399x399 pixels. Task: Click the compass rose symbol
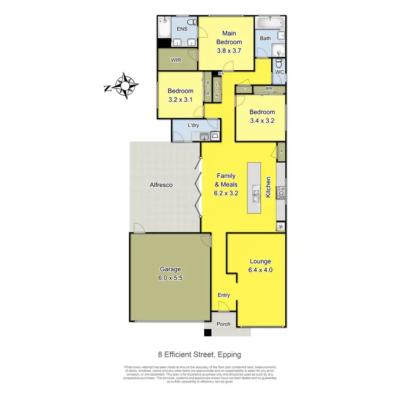pyautogui.click(x=126, y=85)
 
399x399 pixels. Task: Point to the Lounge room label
pyautogui.click(x=261, y=262)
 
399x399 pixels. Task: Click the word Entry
pyautogui.click(x=224, y=295)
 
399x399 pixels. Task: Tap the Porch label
pyautogui.click(x=224, y=324)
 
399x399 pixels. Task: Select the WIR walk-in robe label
pyautogui.click(x=177, y=61)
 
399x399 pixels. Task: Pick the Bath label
pyautogui.click(x=265, y=38)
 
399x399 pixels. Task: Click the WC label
pyautogui.click(x=279, y=72)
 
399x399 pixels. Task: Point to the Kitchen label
pyautogui.click(x=269, y=188)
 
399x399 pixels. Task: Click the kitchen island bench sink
pyautogui.click(x=256, y=194)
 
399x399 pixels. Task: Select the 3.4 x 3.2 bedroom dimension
pyautogui.click(x=262, y=120)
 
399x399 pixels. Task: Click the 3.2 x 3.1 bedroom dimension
pyautogui.click(x=180, y=99)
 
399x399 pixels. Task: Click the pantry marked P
pyautogui.click(x=281, y=151)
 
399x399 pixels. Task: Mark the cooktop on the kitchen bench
pyautogui.click(x=281, y=192)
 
